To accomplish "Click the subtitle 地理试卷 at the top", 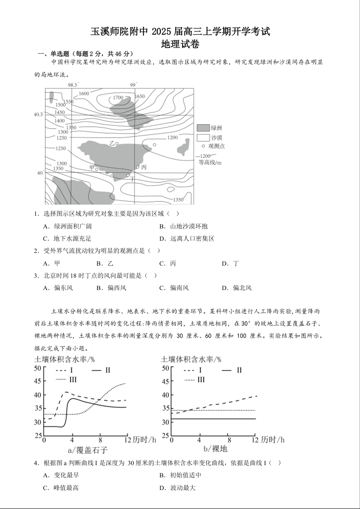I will [180, 44].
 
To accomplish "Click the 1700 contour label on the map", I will [118, 97].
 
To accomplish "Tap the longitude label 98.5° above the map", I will [73, 85].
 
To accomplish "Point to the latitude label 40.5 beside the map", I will [38, 114].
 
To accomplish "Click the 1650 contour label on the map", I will [140, 96].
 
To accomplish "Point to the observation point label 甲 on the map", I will [92, 168].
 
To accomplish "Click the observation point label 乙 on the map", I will [111, 143].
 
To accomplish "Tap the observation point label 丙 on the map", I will [144, 167].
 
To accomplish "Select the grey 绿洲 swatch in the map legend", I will [203, 128].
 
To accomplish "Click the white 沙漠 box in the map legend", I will [203, 137].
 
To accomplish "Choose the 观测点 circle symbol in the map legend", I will [203, 146].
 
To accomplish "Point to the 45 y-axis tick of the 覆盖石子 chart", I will [38, 381].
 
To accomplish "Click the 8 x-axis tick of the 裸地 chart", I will [229, 440].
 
